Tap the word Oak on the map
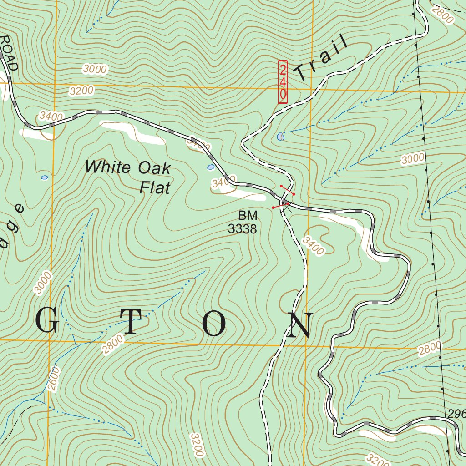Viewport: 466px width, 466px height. (x=153, y=168)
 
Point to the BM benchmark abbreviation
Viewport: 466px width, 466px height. (x=247, y=215)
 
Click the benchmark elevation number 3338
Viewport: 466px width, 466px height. (x=242, y=229)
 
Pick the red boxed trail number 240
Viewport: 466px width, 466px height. (x=283, y=82)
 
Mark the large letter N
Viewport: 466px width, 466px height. (x=299, y=325)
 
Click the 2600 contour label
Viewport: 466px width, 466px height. (x=53, y=378)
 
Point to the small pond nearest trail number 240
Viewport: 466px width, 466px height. (x=280, y=136)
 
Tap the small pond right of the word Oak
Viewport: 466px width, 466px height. (x=211, y=167)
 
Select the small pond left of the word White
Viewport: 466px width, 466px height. (x=44, y=177)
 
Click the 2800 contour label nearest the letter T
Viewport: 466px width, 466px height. (x=112, y=344)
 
